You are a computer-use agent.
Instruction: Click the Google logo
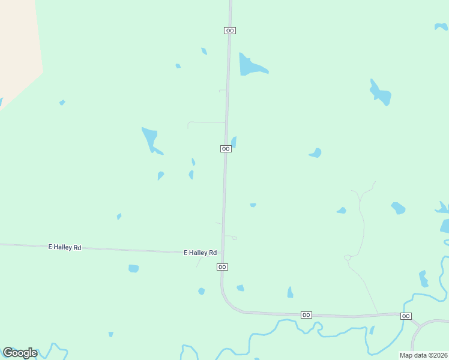[20, 353]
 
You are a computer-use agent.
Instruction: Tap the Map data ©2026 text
[423, 355]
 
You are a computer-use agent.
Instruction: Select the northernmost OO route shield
[230, 30]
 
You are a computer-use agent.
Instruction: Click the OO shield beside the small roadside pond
[226, 149]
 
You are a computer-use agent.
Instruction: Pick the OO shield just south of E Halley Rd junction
[222, 267]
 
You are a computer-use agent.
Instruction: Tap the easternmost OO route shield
[406, 316]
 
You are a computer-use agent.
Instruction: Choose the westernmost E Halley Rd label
[65, 247]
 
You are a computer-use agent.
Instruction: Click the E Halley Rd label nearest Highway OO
[200, 253]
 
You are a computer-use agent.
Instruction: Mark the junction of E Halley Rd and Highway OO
[223, 253]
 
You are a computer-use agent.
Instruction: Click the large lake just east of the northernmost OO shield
[249, 66]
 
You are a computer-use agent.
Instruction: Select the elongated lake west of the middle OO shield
[149, 139]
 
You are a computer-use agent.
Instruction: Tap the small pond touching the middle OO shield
[234, 142]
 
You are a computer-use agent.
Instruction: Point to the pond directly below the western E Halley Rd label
[133, 268]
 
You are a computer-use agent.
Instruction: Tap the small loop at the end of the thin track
[347, 258]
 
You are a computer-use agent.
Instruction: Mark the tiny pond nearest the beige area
[62, 103]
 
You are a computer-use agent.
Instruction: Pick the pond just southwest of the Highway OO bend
[202, 291]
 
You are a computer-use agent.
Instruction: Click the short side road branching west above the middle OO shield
[204, 122]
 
